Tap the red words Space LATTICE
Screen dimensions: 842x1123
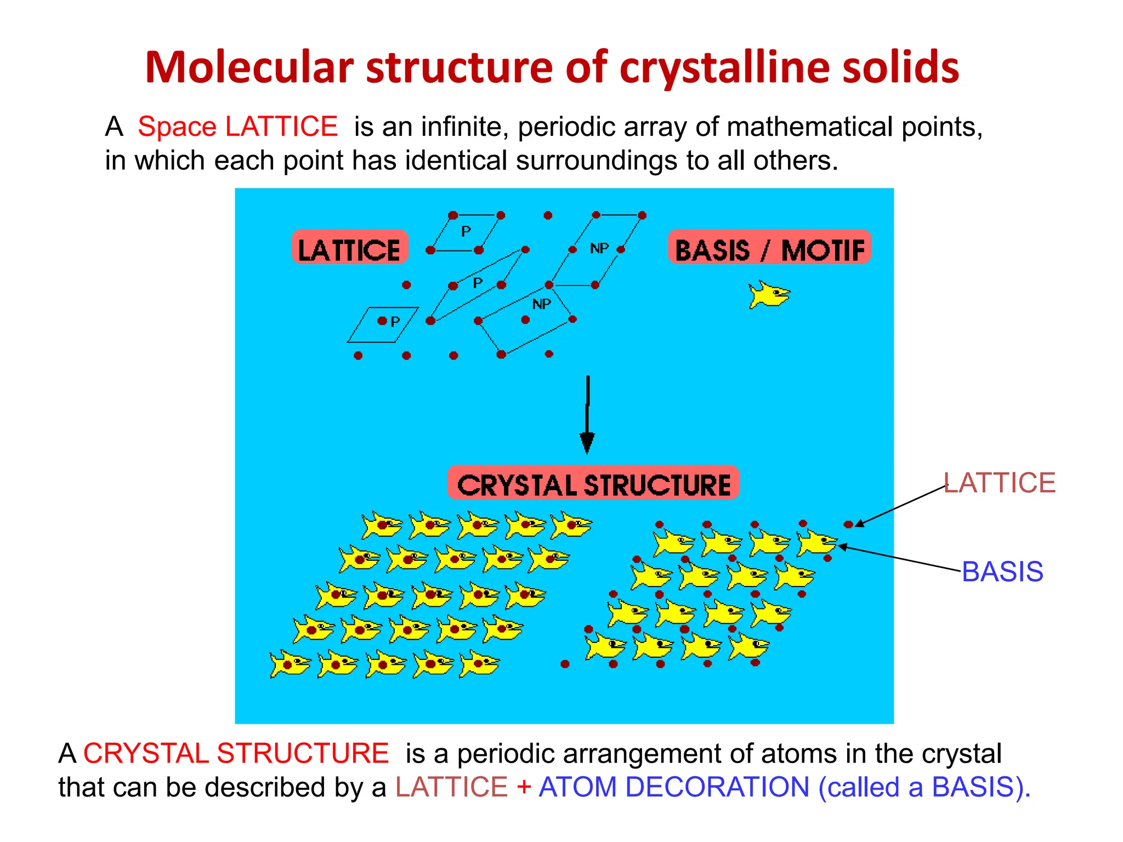tap(237, 127)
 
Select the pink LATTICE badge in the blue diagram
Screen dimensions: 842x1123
tap(350, 248)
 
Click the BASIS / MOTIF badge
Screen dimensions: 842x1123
tap(769, 248)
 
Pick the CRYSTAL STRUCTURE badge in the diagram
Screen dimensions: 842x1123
tap(593, 483)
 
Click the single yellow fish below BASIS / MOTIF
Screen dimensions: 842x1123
tap(769, 295)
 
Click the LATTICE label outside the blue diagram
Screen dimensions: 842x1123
tap(1000, 483)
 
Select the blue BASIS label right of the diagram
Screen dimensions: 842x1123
tap(1002, 572)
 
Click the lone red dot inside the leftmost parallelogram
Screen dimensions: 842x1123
tap(382, 321)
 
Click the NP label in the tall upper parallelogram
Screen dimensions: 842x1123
tap(599, 248)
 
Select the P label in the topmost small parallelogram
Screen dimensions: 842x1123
tap(466, 231)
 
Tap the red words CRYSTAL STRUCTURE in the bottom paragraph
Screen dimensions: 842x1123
tap(236, 753)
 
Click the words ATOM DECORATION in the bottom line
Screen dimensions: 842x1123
tap(674, 787)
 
